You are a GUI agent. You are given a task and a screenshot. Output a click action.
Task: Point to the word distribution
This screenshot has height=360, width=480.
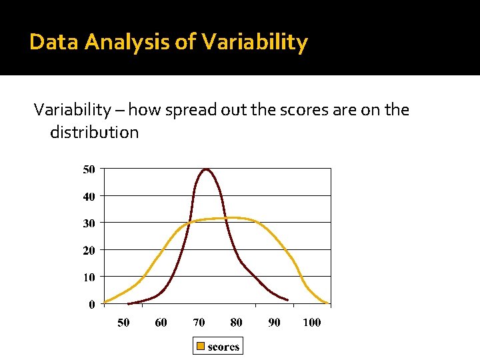click(x=94, y=132)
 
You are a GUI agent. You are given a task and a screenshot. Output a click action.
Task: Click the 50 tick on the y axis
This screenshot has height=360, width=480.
click(x=89, y=169)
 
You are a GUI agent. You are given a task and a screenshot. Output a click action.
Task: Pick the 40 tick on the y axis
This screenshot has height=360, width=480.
click(x=89, y=196)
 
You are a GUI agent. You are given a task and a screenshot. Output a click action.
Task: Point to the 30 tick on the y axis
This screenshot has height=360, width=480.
click(x=89, y=223)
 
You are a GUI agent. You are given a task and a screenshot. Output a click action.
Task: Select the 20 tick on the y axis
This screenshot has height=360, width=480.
click(x=89, y=250)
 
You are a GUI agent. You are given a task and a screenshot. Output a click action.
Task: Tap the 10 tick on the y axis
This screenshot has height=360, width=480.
click(x=89, y=277)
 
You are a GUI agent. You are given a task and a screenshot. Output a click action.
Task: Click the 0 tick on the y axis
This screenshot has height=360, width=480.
click(x=91, y=304)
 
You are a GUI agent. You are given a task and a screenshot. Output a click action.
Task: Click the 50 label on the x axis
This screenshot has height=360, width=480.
click(x=123, y=323)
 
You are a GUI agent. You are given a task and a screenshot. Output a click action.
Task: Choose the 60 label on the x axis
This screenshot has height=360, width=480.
click(x=161, y=323)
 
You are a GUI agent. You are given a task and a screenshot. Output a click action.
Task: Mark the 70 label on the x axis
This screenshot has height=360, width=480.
click(x=199, y=323)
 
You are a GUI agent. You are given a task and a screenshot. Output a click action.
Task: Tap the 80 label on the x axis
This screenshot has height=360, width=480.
click(x=236, y=323)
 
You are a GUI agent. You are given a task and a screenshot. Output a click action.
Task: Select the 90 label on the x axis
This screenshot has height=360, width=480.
click(x=274, y=323)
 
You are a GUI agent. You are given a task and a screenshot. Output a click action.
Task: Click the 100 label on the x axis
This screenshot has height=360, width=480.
click(x=311, y=323)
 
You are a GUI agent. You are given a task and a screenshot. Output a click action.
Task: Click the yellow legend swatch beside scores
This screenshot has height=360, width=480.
click(x=200, y=346)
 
